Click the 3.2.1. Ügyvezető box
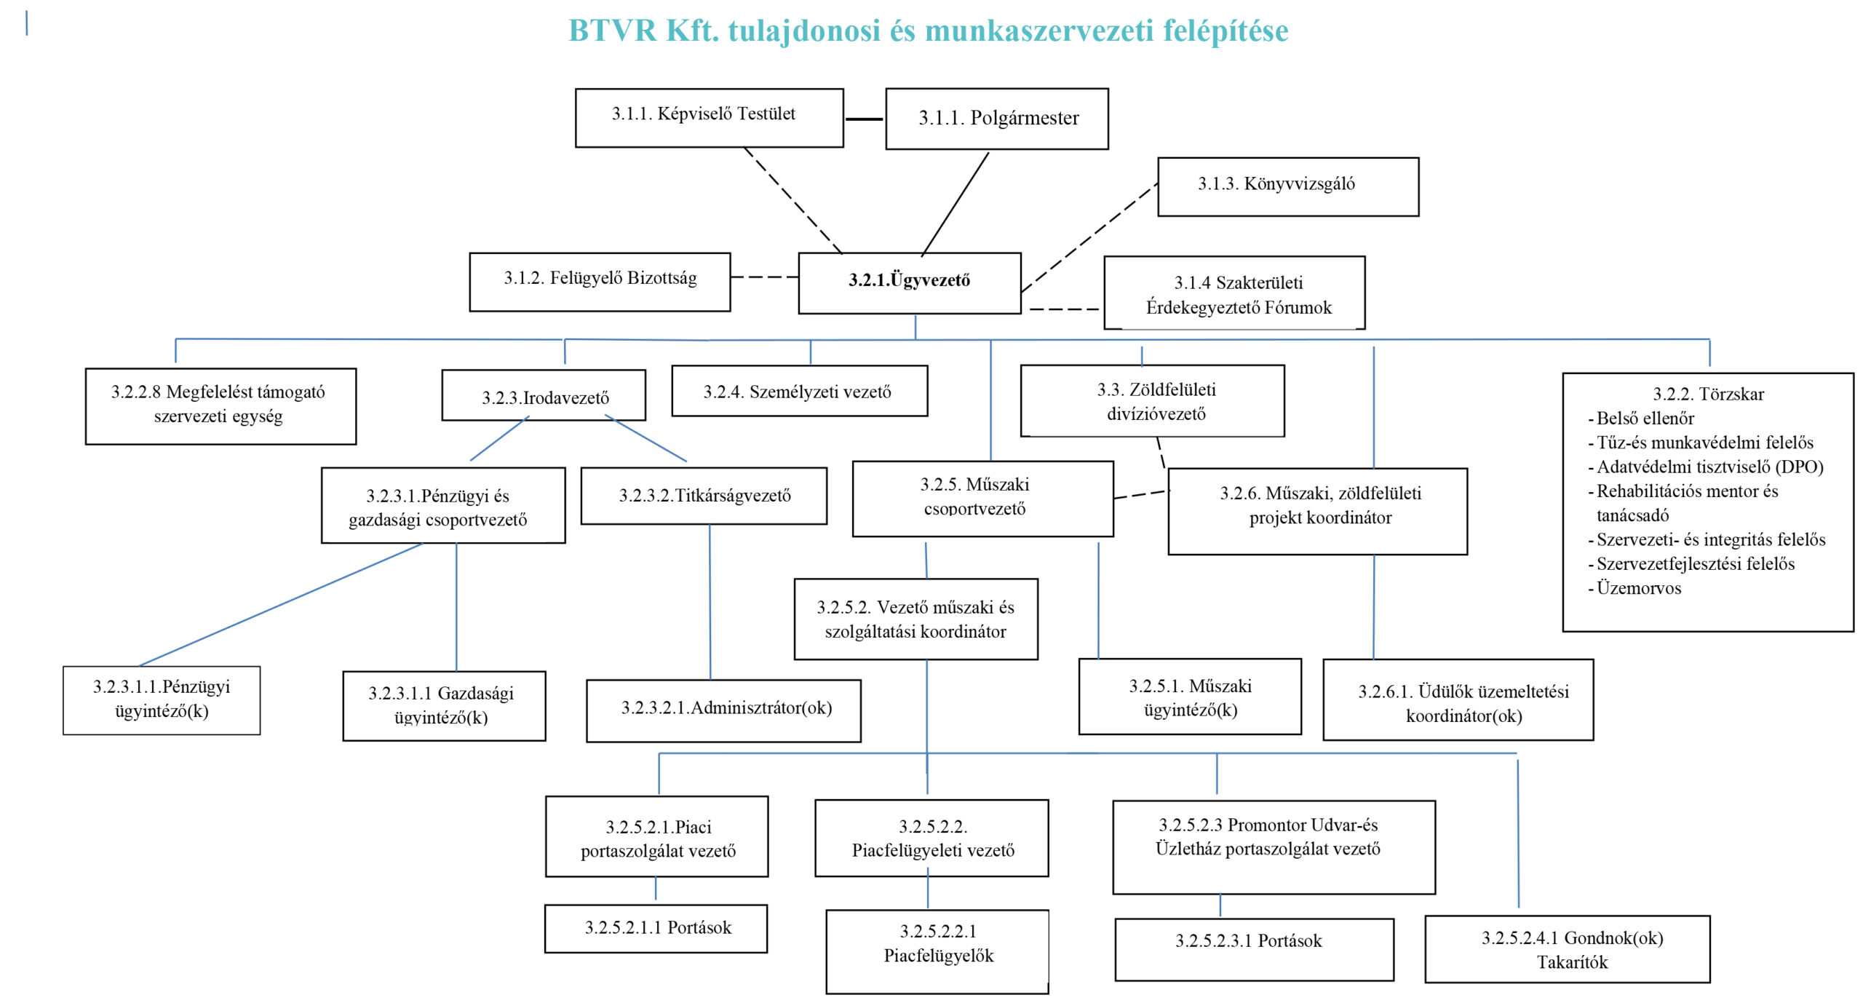coord(910,283)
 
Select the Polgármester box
coord(997,119)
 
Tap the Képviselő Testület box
coord(710,118)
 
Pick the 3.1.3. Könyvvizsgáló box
coord(1288,186)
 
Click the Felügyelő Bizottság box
coord(600,282)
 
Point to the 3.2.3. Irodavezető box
coord(544,395)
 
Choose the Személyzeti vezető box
coord(800,391)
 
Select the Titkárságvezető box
coord(704,496)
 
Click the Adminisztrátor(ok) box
coord(723,710)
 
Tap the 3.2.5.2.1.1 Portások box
coord(656,928)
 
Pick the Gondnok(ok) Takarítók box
coord(1568,949)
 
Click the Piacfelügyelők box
coord(937,951)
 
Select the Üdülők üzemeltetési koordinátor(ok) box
coord(1458,699)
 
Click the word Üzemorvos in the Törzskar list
coord(1639,588)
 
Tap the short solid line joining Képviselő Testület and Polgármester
coord(865,119)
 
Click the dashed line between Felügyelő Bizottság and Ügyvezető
coord(764,277)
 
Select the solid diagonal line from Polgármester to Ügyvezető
coord(955,204)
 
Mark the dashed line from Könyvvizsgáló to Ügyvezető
coord(1089,237)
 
